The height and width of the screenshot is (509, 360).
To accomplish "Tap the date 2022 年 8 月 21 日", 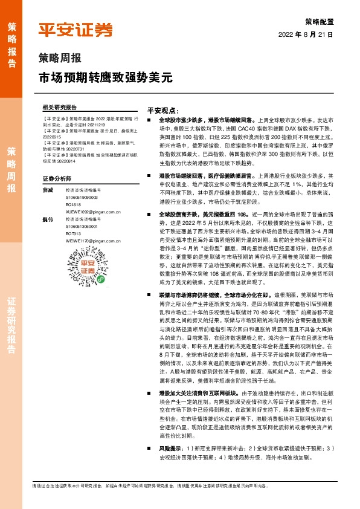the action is [306, 35].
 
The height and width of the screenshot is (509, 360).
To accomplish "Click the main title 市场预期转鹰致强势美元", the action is [106, 77].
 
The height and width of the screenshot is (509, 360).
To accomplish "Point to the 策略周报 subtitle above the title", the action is [59, 59].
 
